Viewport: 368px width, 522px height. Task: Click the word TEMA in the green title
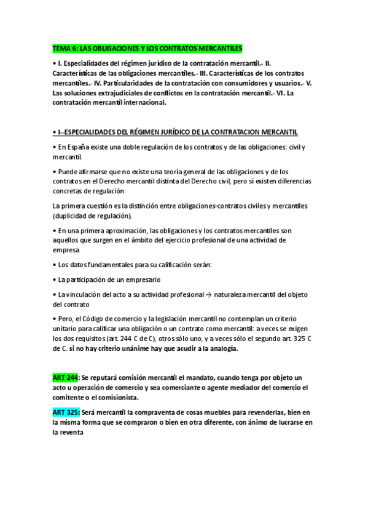click(61, 47)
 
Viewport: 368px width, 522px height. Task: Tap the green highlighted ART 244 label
click(65, 377)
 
